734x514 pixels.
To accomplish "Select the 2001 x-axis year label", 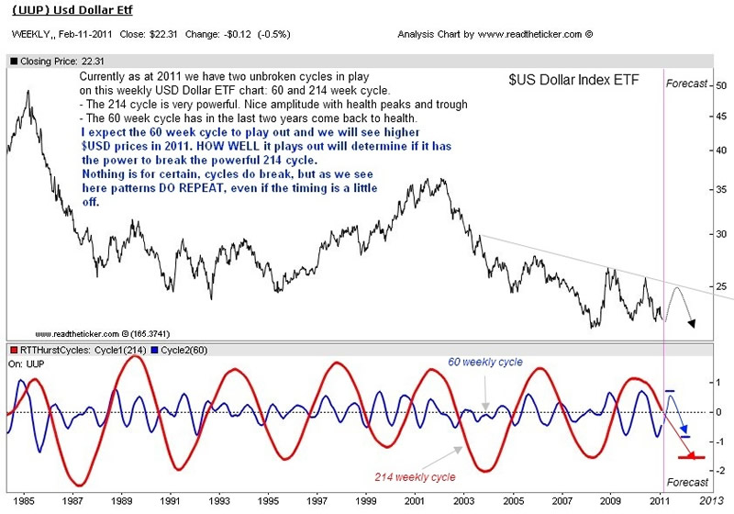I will click(416, 501).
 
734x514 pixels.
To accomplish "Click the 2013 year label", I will click(708, 501).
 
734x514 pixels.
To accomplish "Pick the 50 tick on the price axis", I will click(721, 84).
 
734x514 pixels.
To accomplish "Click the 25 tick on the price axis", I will click(721, 286).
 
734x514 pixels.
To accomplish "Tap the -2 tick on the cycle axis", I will click(720, 471).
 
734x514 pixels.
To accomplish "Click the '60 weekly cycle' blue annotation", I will click(485, 363).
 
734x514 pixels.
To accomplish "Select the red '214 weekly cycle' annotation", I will click(416, 477).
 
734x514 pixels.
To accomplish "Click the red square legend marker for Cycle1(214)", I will click(14, 350).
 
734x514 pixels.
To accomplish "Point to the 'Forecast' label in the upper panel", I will click(688, 84).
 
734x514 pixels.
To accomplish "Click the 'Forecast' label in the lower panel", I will click(688, 482).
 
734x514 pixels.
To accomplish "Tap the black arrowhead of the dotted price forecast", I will click(693, 323).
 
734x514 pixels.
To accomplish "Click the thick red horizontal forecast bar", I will click(689, 456).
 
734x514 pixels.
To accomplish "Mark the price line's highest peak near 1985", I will click(28, 91).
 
